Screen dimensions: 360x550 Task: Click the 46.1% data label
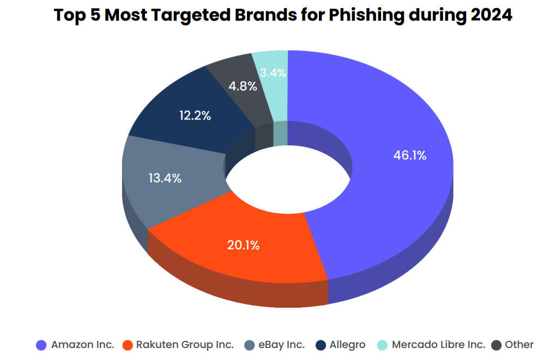point(409,155)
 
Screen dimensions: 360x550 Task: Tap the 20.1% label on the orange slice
point(243,245)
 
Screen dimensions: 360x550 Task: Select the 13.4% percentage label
point(165,178)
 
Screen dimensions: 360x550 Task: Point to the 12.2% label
point(195,115)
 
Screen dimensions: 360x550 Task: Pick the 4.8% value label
point(243,86)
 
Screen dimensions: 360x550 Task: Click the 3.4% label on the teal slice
point(273,72)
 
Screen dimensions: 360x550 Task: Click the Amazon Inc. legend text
point(83,345)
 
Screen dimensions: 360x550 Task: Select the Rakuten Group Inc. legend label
point(185,345)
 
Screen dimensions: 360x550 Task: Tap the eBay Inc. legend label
point(282,345)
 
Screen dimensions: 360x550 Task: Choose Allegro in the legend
point(348,345)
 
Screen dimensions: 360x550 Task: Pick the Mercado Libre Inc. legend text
point(438,345)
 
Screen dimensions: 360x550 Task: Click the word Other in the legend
point(519,345)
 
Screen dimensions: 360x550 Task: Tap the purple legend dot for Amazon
point(41,345)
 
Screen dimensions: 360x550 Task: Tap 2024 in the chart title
point(490,15)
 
